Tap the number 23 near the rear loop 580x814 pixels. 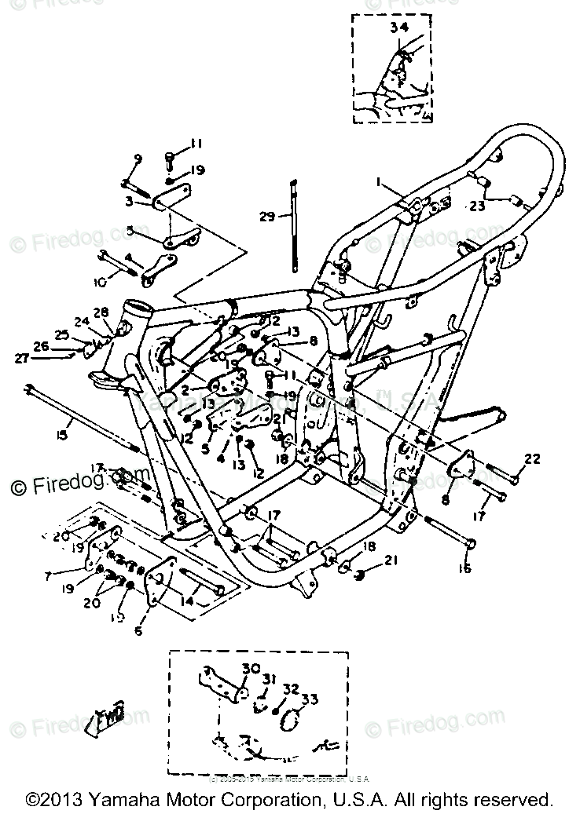pyautogui.click(x=476, y=207)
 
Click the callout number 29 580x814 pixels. pyautogui.click(x=268, y=216)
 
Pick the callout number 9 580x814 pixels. pyautogui.click(x=138, y=160)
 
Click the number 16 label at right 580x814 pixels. pyautogui.click(x=464, y=568)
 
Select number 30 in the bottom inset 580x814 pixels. pyautogui.click(x=250, y=670)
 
